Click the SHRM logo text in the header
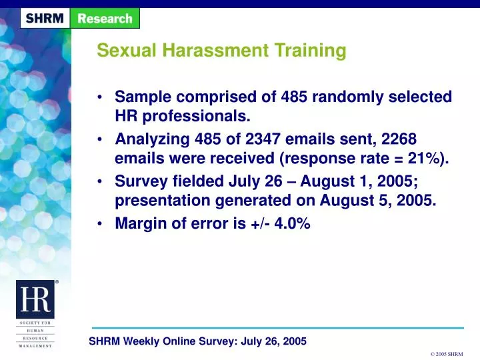coord(45,19)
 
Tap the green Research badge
coord(105,19)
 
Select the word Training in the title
coord(311,51)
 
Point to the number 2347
coord(263,139)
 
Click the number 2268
coord(399,139)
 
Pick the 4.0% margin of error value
coord(293,223)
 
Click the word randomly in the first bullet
coord(348,97)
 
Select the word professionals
coord(197,117)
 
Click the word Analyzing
coord(153,139)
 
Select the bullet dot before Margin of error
coord(99,224)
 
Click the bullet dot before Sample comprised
coord(99,97)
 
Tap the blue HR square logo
coord(35,299)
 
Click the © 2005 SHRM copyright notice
coord(447,354)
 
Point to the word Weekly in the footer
coord(141,341)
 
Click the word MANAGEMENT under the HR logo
coord(35,346)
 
